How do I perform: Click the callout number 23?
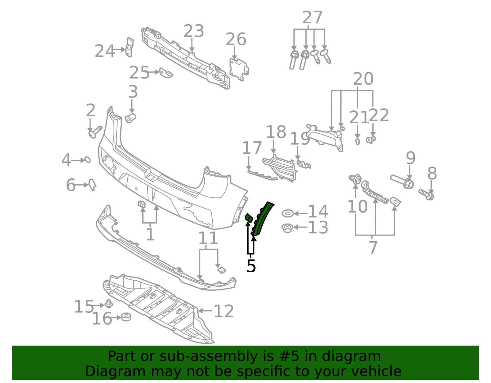coord(194,31)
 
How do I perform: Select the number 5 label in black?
coord(251,266)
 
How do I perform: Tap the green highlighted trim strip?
coord(262,219)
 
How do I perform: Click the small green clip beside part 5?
coord(249,218)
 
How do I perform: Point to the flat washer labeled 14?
coord(288,213)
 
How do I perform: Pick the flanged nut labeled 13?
coord(287,228)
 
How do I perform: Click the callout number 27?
coord(312,18)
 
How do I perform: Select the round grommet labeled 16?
coord(126,317)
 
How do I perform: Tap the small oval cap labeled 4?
coord(87,160)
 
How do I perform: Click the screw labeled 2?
coord(95,132)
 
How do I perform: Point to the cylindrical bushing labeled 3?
coord(131,118)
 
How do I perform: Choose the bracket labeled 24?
coord(130,47)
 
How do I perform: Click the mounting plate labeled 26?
coord(238,69)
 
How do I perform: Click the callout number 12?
coord(223,312)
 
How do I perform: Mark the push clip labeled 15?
coord(109,304)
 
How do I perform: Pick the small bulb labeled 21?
coord(357,142)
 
